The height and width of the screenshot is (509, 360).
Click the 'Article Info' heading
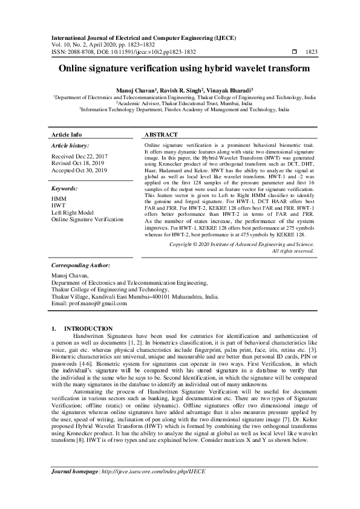(x=67, y=134)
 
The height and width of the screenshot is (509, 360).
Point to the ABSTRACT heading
(x=162, y=134)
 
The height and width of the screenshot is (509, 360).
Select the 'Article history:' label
(x=70, y=146)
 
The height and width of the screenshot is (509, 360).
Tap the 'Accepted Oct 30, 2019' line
(x=80, y=170)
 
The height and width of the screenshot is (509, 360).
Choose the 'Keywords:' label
(x=65, y=189)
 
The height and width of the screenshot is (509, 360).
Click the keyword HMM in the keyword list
(x=59, y=199)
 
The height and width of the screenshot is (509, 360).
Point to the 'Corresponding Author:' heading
(x=80, y=282)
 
